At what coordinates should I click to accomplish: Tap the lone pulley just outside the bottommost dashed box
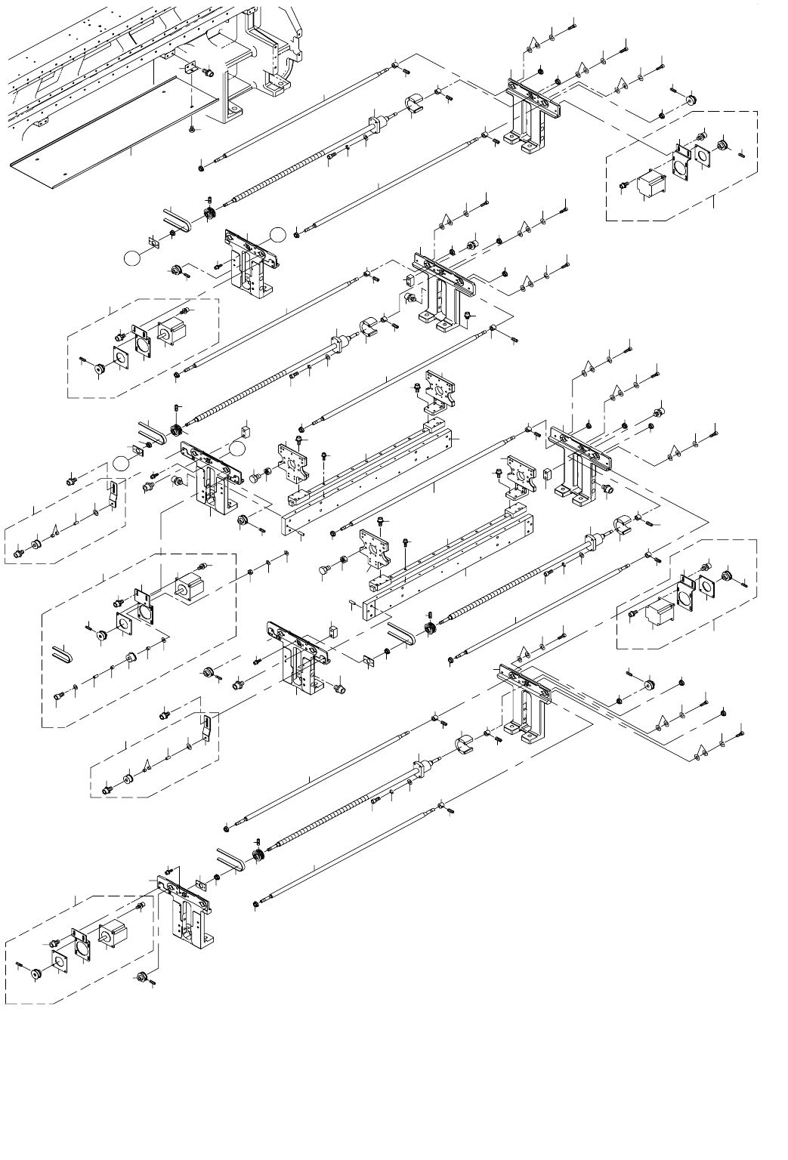139,978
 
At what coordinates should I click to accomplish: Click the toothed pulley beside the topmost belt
209,214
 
